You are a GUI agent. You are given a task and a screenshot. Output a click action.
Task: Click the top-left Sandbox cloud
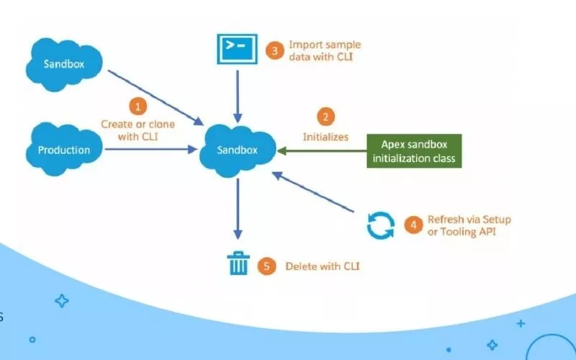tap(64, 63)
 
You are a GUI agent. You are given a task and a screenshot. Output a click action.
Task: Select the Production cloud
tap(64, 150)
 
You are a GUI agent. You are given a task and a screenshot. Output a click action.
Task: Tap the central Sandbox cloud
tap(237, 150)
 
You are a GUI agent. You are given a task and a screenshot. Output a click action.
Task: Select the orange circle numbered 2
tap(325, 116)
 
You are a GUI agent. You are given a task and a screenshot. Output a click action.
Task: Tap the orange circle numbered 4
tap(413, 225)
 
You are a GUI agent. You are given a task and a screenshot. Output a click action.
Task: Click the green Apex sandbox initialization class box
tap(414, 151)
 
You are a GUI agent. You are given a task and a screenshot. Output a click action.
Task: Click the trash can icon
tap(238, 264)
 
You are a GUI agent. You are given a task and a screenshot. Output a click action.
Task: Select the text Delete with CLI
tap(322, 266)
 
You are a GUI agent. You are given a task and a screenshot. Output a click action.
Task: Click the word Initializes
tap(325, 136)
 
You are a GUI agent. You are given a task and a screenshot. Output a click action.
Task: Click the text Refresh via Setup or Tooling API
tap(469, 225)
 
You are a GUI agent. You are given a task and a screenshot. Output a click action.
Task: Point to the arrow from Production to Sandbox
tap(151, 150)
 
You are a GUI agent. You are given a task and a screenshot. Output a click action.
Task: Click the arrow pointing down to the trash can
tap(238, 209)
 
